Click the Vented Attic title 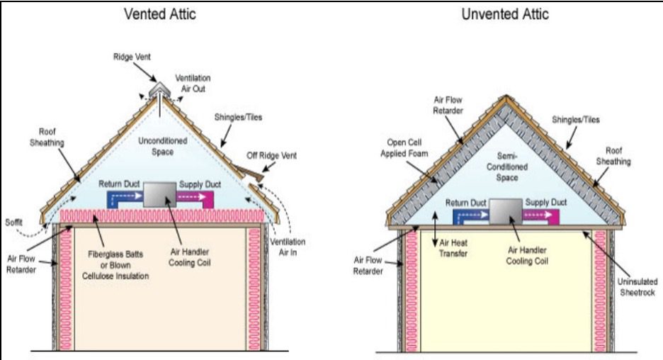pos(160,14)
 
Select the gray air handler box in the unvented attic pos(504,212)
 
